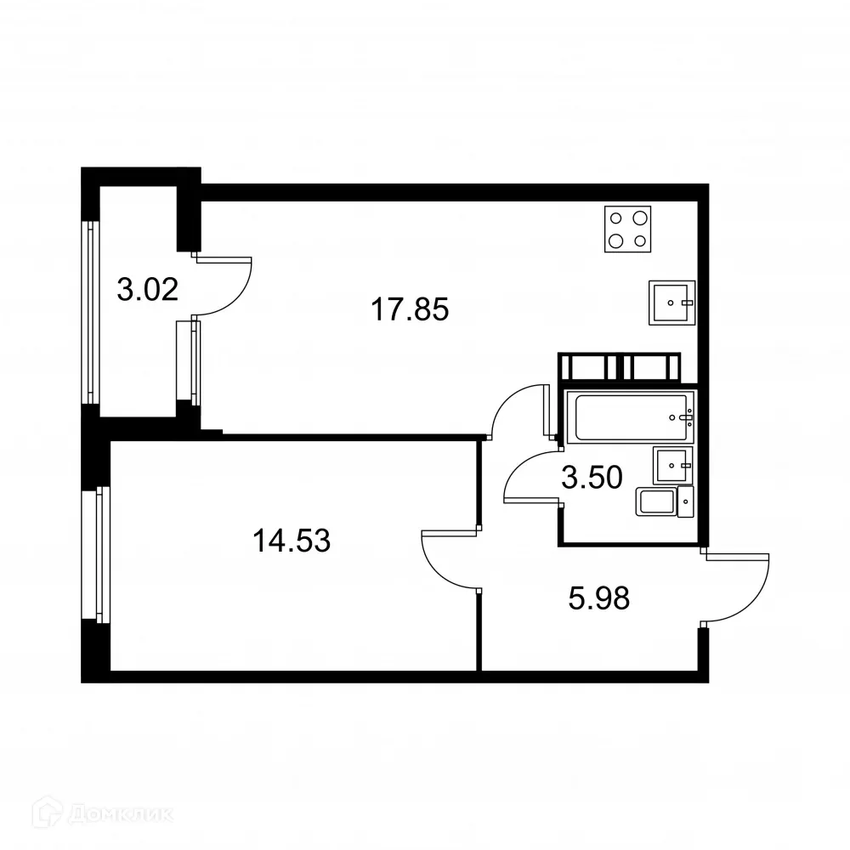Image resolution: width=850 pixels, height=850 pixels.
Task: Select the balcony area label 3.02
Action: (147, 290)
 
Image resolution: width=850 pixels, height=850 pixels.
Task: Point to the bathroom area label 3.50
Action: (592, 478)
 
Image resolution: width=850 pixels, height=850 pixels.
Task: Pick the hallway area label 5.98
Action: (598, 598)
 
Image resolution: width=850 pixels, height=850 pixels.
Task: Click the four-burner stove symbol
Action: (628, 229)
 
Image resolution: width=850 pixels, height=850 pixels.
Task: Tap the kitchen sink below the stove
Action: (671, 303)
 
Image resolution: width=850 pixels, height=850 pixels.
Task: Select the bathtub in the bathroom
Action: (634, 416)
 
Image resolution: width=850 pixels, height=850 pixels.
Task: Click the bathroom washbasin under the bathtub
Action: (673, 465)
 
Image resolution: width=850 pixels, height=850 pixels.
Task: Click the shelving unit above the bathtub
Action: (619, 367)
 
